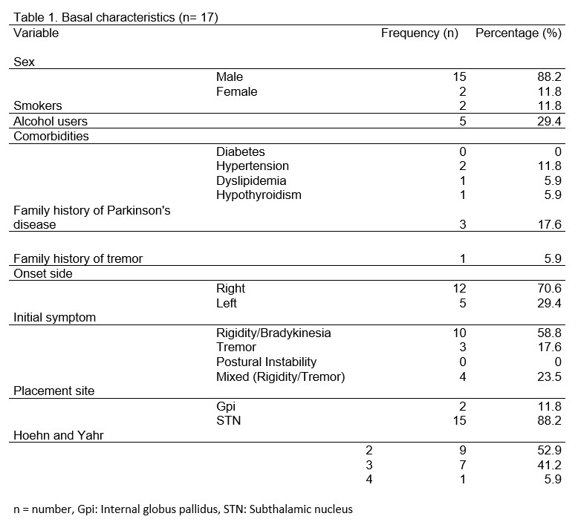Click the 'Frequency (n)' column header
[419, 33]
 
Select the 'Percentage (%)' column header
[518, 33]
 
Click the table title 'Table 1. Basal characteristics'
[115, 16]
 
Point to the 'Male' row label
[230, 77]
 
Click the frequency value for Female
[462, 92]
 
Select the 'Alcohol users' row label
[51, 121]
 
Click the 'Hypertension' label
[253, 166]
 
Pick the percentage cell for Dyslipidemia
[552, 180]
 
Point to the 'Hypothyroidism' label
[259, 195]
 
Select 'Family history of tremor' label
[78, 258]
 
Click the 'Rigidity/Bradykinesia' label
[273, 333]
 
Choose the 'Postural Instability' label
[266, 362]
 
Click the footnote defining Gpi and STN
[183, 509]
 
